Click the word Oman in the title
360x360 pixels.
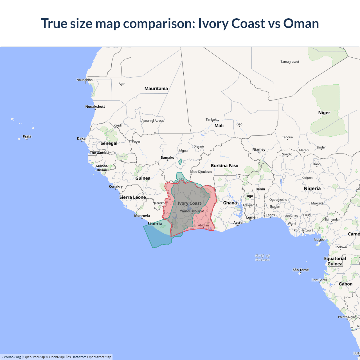tap(301, 23)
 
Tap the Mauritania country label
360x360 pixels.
tap(156, 89)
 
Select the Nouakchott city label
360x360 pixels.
tap(95, 107)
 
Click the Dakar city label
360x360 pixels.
tap(82, 138)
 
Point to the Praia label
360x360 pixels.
tap(27, 136)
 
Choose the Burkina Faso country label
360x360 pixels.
tap(224, 166)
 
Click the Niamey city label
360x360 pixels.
tap(259, 149)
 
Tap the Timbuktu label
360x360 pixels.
tap(212, 120)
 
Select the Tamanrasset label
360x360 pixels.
tap(290, 62)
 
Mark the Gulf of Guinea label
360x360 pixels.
tap(262, 258)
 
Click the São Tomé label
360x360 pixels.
tap(300, 270)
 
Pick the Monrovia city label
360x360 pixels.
tap(142, 216)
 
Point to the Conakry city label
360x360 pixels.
tap(116, 186)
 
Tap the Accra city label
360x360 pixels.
tap(238, 222)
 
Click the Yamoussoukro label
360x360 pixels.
tap(192, 211)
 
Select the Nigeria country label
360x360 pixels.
tap(312, 188)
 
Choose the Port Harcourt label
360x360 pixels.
tap(303, 230)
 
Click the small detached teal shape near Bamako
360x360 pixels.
tap(180, 161)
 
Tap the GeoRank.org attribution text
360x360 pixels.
tap(11, 357)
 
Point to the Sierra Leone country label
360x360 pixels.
tap(132, 197)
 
